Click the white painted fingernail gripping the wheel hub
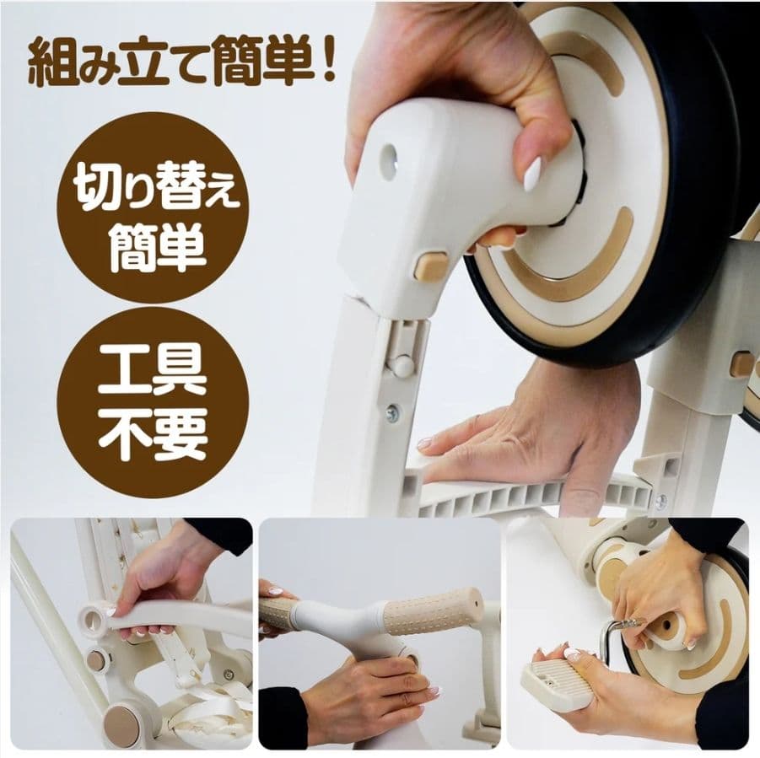coord(532,175)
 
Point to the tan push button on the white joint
coord(431,265)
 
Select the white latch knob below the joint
coord(402,367)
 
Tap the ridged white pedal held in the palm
coord(558,684)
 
